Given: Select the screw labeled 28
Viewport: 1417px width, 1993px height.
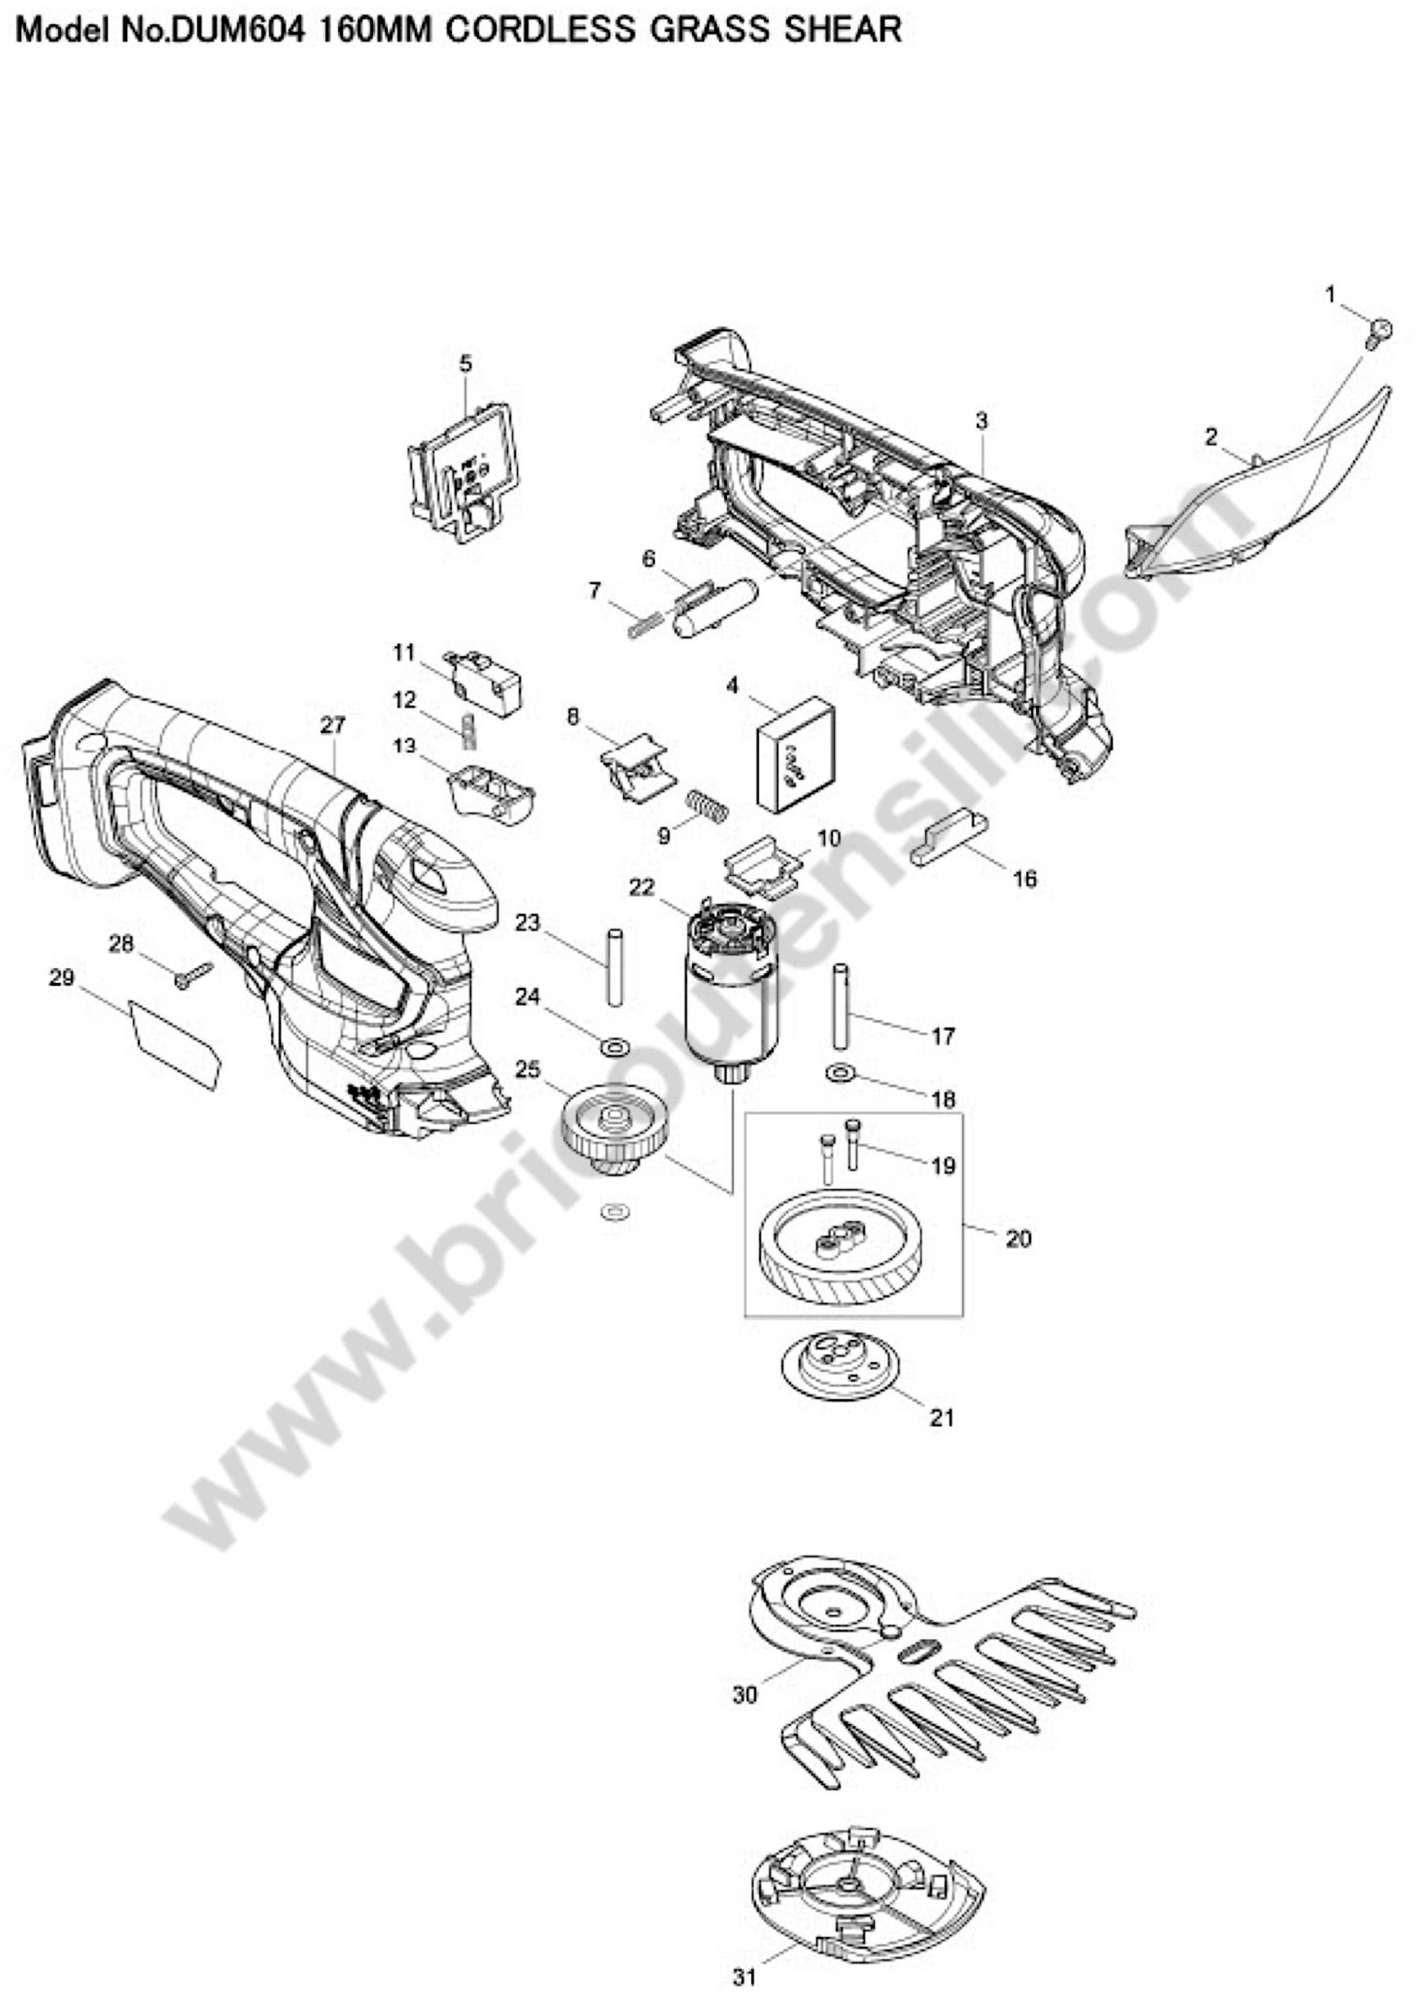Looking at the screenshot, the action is coord(194,974).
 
